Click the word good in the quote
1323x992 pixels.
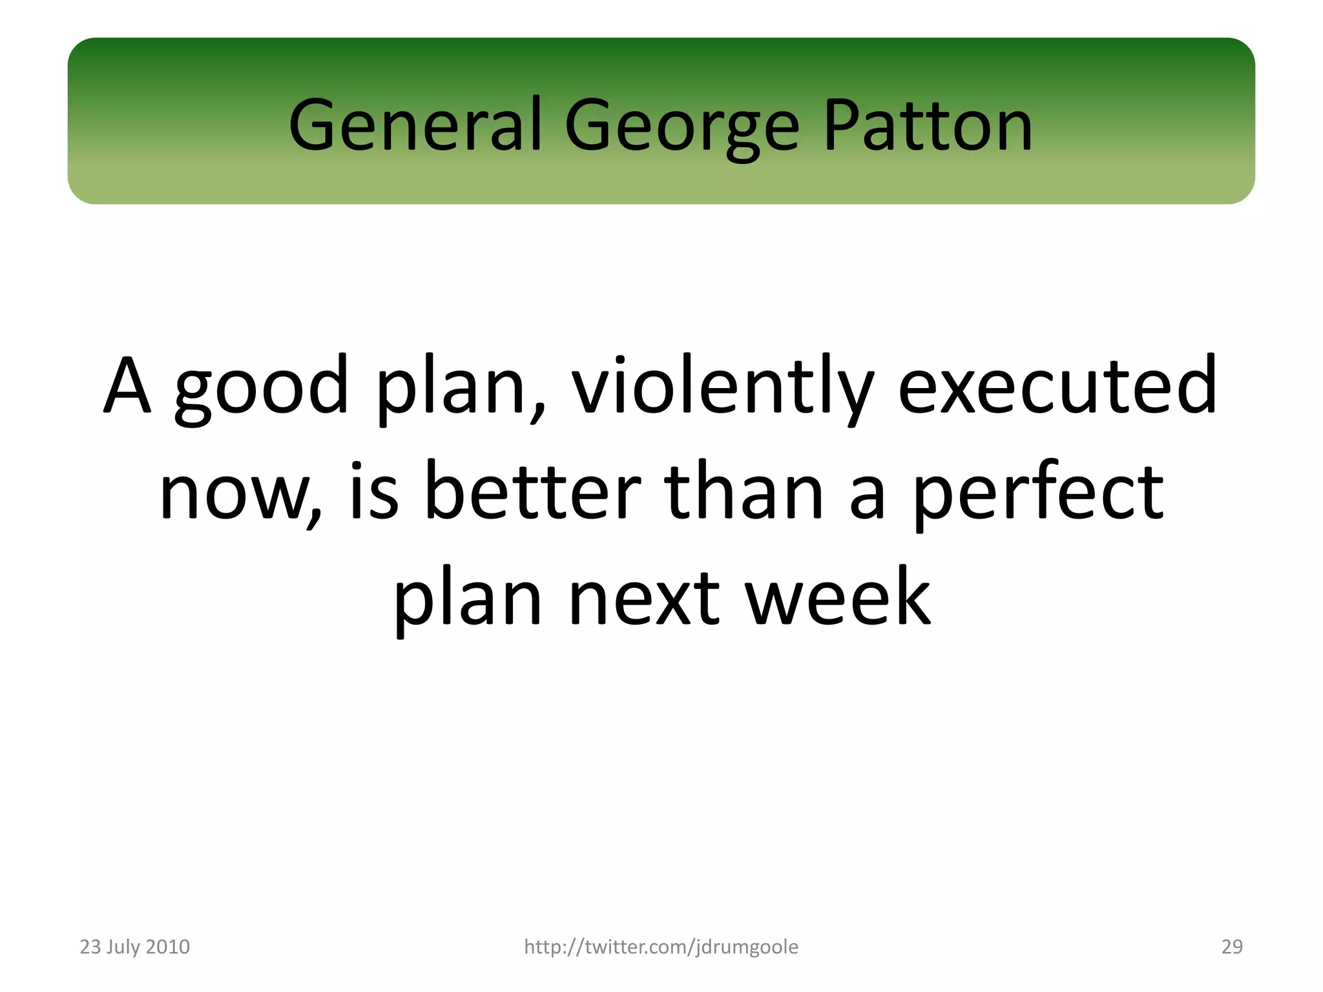[262, 388]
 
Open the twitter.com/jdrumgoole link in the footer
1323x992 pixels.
[661, 947]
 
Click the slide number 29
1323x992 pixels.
[1232, 947]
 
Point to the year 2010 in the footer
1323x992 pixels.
[168, 947]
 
